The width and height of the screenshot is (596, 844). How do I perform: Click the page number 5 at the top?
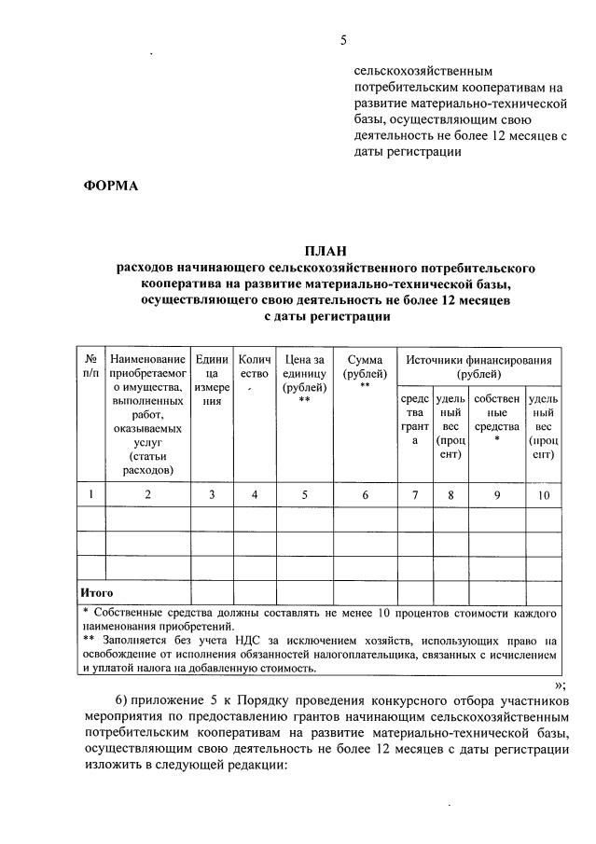[343, 40]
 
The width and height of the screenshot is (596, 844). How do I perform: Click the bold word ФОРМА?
[111, 185]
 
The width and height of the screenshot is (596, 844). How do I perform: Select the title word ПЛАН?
[326, 251]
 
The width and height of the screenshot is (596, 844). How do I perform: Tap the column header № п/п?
[90, 367]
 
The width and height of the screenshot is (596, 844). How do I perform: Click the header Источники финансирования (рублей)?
[478, 367]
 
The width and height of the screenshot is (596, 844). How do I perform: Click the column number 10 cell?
[543, 494]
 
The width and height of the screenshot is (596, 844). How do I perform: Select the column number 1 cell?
[90, 494]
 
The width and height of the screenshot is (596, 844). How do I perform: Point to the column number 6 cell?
[365, 494]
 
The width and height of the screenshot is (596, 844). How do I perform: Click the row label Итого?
[97, 592]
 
